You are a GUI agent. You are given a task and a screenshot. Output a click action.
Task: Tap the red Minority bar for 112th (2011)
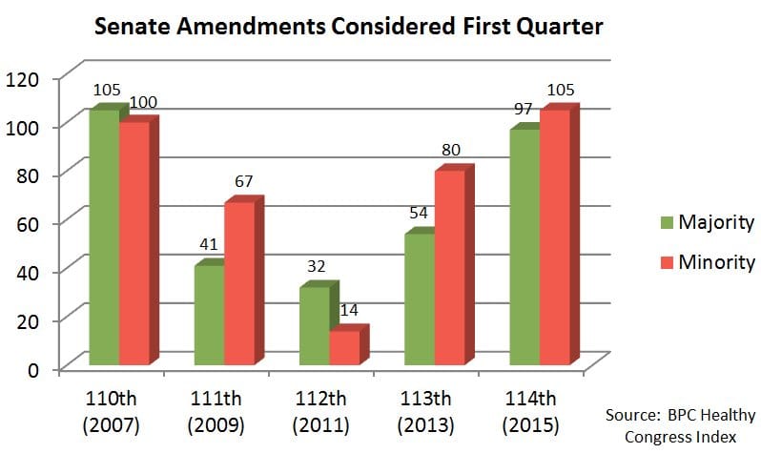coord(344,347)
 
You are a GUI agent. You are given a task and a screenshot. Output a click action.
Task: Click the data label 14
coord(349,310)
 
